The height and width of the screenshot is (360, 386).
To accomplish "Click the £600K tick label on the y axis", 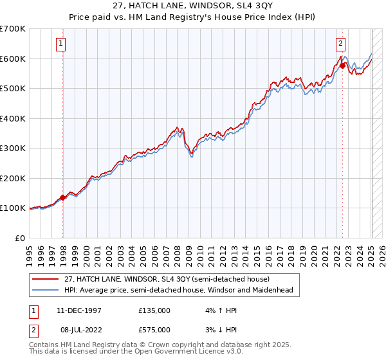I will click(13, 59).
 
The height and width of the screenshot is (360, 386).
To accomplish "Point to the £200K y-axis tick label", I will click(13, 178).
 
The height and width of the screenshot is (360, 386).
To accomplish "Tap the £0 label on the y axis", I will click(20, 238).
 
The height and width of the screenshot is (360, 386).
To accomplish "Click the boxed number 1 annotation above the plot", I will click(60, 44).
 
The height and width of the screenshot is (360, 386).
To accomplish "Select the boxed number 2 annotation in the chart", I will click(340, 44).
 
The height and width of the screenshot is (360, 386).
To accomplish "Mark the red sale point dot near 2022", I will click(342, 66).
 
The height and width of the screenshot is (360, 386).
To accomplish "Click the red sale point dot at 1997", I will click(63, 197).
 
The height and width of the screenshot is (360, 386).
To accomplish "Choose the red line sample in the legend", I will click(46, 279).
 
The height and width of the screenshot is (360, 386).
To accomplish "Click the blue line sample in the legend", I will click(46, 290).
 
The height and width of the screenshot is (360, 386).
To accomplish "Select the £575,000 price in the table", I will click(154, 330).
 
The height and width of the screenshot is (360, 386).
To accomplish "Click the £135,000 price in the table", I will click(154, 310).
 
